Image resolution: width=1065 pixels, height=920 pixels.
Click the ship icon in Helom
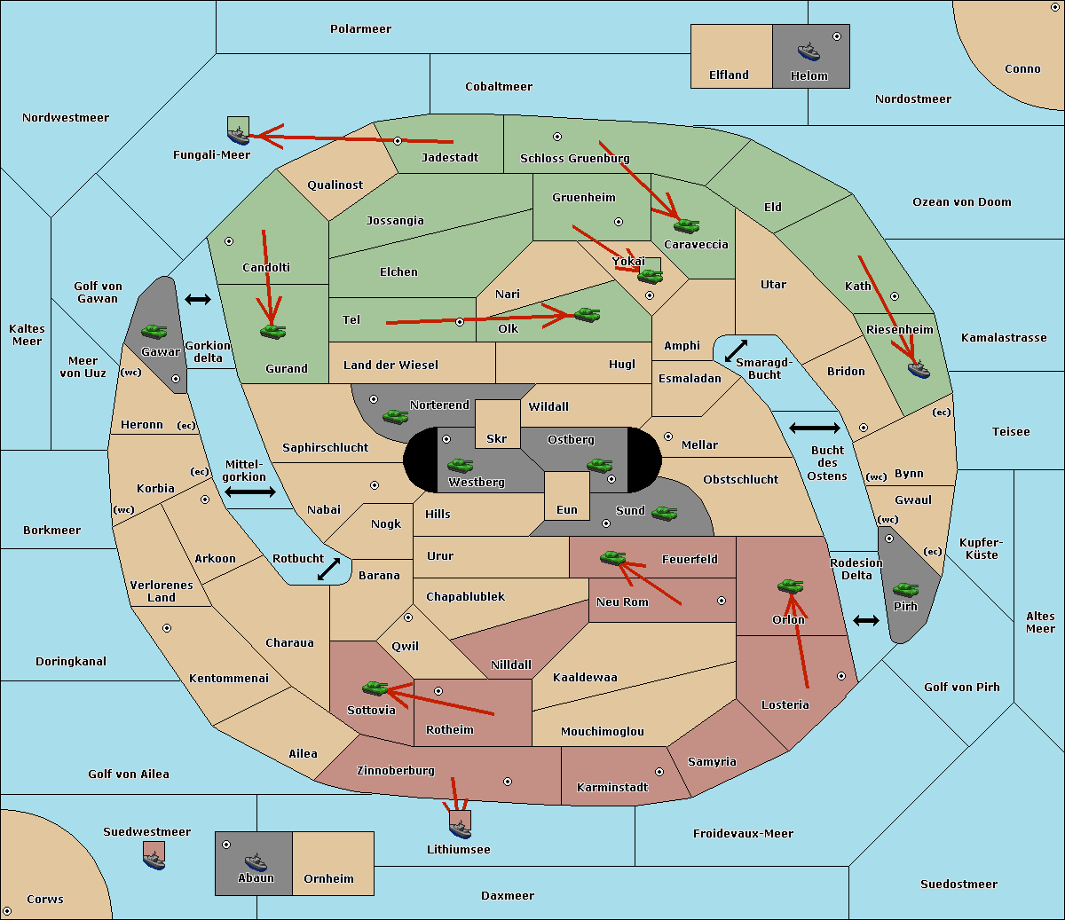tap(809, 51)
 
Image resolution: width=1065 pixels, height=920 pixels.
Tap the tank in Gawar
tap(154, 331)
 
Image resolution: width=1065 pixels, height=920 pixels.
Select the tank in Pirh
tap(905, 589)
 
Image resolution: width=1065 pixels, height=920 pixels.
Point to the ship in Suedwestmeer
tap(154, 861)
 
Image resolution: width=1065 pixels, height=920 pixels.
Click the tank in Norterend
tap(395, 416)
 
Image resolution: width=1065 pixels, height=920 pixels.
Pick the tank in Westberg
tap(460, 465)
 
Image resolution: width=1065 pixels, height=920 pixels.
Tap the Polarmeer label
tap(360, 29)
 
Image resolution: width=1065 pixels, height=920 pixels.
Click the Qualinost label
tap(335, 185)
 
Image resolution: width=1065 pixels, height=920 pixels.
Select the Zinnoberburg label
tap(396, 771)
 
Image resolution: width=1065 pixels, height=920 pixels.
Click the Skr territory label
tap(497, 438)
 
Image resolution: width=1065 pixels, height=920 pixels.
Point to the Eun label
tap(567, 510)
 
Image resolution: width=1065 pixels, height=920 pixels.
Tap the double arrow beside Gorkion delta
tap(198, 299)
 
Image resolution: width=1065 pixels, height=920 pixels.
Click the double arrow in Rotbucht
tap(328, 569)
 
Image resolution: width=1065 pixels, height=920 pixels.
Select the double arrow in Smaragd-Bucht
tap(736, 350)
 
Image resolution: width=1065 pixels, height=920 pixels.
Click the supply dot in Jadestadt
tap(398, 141)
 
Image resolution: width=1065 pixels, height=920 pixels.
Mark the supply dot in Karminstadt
tap(659, 772)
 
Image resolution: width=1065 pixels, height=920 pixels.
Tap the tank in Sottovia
tap(375, 688)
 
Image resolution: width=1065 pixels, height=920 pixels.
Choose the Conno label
tap(1022, 69)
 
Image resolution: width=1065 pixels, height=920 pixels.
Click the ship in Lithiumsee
tap(460, 829)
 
